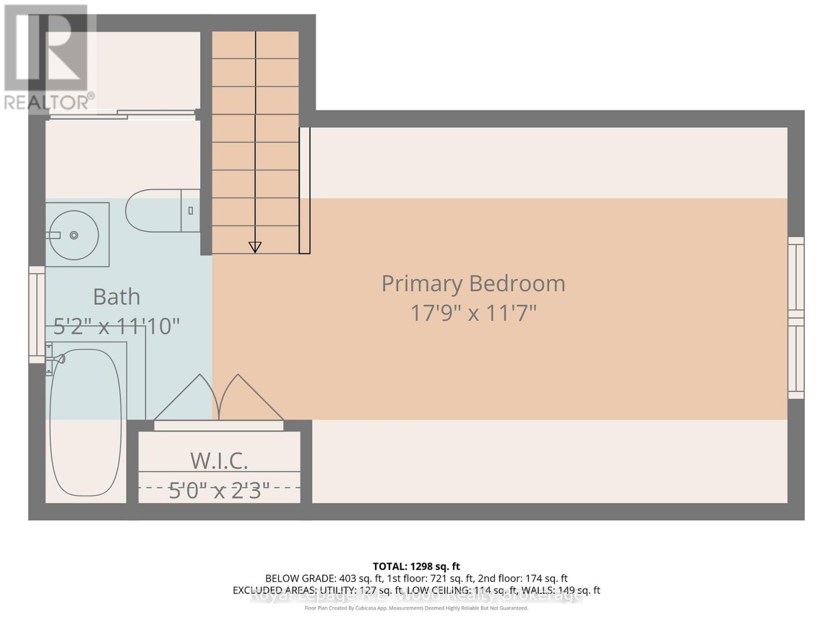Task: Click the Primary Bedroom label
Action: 473,284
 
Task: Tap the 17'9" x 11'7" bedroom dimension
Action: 473,314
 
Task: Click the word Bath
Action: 117,297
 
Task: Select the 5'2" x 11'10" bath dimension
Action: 117,327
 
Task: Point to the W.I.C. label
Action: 219,460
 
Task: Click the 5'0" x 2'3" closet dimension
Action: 219,490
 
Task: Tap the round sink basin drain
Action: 74,235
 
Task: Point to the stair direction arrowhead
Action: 255,247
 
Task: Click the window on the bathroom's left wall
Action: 36,315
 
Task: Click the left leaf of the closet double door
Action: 185,398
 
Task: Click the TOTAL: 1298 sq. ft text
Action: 416,566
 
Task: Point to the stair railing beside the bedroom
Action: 305,191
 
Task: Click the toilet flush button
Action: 191,210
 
